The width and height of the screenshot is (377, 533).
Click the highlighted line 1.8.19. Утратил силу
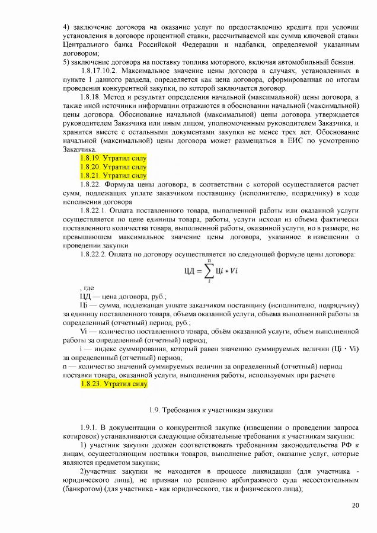(113, 159)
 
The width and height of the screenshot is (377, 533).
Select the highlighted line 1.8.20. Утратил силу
(113, 167)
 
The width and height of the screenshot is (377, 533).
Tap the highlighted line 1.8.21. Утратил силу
(113, 175)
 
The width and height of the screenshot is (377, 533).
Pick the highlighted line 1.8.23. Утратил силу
(113, 384)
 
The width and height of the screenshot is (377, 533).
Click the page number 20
(355, 505)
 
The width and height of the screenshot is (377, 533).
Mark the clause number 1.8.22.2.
(94, 255)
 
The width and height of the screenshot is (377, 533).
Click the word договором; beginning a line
(81, 53)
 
